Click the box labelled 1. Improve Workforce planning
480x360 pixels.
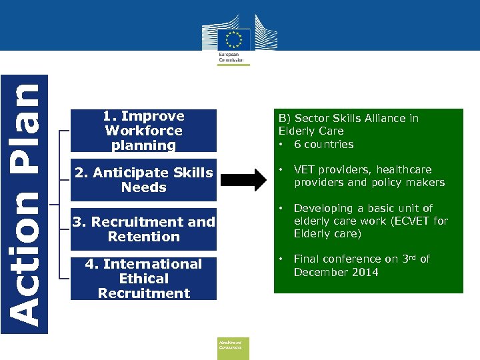pos(144,131)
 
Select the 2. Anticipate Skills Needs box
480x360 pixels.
pos(144,180)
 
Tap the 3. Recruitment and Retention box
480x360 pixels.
pos(144,229)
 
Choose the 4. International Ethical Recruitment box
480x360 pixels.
pos(144,278)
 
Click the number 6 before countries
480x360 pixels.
pos(297,145)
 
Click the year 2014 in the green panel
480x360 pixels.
pos(365,272)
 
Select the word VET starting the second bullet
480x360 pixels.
pos(305,170)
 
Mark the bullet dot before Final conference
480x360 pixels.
pos(282,259)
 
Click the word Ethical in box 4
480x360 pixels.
pos(144,278)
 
